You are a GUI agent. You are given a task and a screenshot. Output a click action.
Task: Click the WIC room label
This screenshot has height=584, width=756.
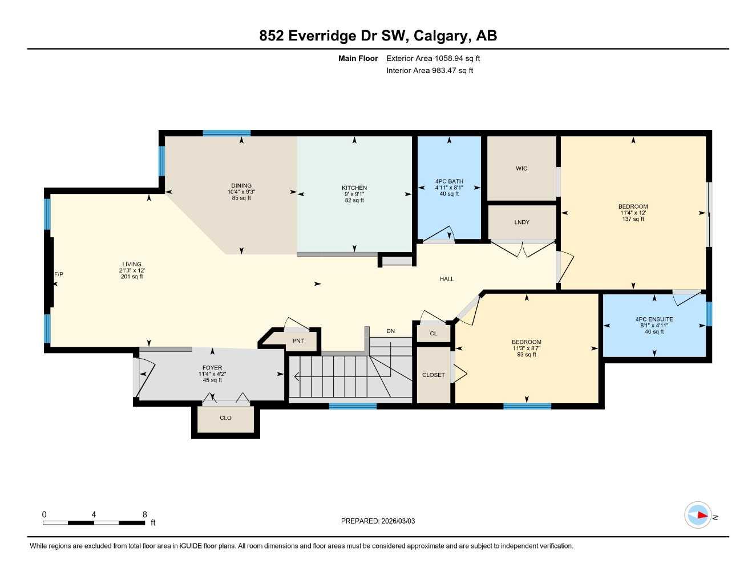(x=521, y=169)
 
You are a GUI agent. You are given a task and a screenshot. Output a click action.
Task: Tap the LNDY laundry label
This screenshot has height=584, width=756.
(x=521, y=222)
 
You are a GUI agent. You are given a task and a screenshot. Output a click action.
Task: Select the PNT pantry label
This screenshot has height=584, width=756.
(x=298, y=341)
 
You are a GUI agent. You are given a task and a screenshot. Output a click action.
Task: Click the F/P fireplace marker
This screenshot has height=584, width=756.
(x=59, y=275)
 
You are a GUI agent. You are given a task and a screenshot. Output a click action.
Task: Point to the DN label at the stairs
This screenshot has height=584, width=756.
(x=390, y=331)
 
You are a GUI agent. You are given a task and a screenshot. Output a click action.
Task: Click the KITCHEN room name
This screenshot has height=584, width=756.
(x=354, y=188)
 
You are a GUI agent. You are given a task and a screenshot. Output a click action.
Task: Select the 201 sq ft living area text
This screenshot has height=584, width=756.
(x=132, y=277)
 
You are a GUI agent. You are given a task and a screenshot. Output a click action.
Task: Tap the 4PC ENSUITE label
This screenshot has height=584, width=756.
(x=654, y=319)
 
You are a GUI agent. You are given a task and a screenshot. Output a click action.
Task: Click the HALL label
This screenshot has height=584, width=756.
(x=447, y=279)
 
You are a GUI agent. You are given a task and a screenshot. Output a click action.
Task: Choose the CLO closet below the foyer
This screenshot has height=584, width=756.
(x=225, y=418)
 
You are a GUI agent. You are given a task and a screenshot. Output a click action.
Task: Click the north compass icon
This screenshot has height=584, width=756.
(x=698, y=515)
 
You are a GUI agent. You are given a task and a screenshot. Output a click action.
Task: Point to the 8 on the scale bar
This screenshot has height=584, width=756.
(x=145, y=514)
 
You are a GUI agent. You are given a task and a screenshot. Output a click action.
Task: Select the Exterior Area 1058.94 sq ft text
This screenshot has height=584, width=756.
(x=433, y=58)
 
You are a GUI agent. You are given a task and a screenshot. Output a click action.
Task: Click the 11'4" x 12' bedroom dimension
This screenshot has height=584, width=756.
(x=633, y=213)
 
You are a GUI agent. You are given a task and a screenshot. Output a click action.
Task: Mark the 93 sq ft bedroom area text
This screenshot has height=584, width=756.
(x=526, y=355)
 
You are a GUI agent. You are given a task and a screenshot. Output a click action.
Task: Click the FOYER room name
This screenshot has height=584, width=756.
(x=212, y=368)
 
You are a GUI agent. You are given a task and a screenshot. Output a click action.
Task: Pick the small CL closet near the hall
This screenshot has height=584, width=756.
(x=434, y=334)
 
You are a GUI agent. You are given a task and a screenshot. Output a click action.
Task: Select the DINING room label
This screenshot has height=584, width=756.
(x=241, y=186)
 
